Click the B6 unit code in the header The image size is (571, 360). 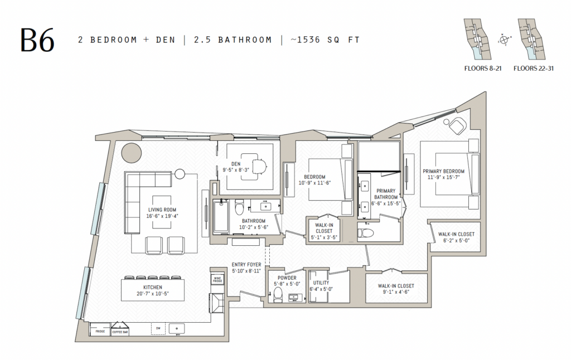pyautogui.click(x=38, y=40)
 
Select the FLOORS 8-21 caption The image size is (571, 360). pyautogui.click(x=483, y=70)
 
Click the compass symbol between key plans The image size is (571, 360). pyautogui.click(x=505, y=40)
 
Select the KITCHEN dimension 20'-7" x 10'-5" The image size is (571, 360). pyautogui.click(x=153, y=294)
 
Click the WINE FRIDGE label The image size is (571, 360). pyautogui.click(x=217, y=279)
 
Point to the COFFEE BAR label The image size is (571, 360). pyautogui.click(x=119, y=332)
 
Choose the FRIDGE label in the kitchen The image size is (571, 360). pyautogui.click(x=100, y=332)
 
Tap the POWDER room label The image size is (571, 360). pyautogui.click(x=287, y=278)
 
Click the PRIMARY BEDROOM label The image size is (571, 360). pyautogui.click(x=443, y=171)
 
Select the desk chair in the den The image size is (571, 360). pyautogui.click(x=262, y=166)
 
